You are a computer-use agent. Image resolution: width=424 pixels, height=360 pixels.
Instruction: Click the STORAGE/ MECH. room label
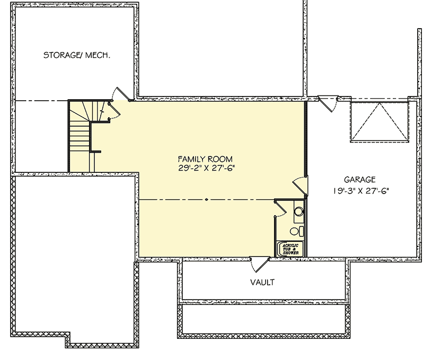click(x=77, y=55)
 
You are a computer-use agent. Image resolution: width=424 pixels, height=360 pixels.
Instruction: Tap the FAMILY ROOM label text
click(x=205, y=159)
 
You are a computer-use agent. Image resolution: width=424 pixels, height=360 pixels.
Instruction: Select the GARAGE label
click(x=359, y=180)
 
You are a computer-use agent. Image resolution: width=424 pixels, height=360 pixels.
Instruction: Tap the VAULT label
click(x=262, y=282)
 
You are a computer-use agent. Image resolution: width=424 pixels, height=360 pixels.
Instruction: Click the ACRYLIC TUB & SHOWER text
click(x=290, y=249)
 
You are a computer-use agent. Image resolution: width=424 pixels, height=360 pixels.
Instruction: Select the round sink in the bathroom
click(x=298, y=212)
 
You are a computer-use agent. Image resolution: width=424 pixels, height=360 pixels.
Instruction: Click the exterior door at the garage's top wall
click(x=326, y=102)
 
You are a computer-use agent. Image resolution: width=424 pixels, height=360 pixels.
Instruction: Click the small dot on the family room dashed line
click(x=206, y=200)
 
